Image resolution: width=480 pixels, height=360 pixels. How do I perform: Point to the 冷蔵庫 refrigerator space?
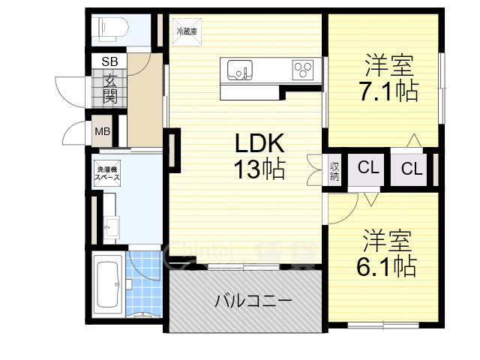186,31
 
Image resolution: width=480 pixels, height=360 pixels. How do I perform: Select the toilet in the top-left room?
110,28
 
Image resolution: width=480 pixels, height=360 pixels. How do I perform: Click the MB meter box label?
102,132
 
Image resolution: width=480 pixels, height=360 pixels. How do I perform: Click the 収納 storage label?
334,172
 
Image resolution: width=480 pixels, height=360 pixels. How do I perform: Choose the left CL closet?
367,168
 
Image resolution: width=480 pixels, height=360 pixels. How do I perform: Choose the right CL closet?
411,168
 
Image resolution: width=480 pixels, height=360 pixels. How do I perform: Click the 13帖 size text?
261,169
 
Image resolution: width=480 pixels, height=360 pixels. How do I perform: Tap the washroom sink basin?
111,223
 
